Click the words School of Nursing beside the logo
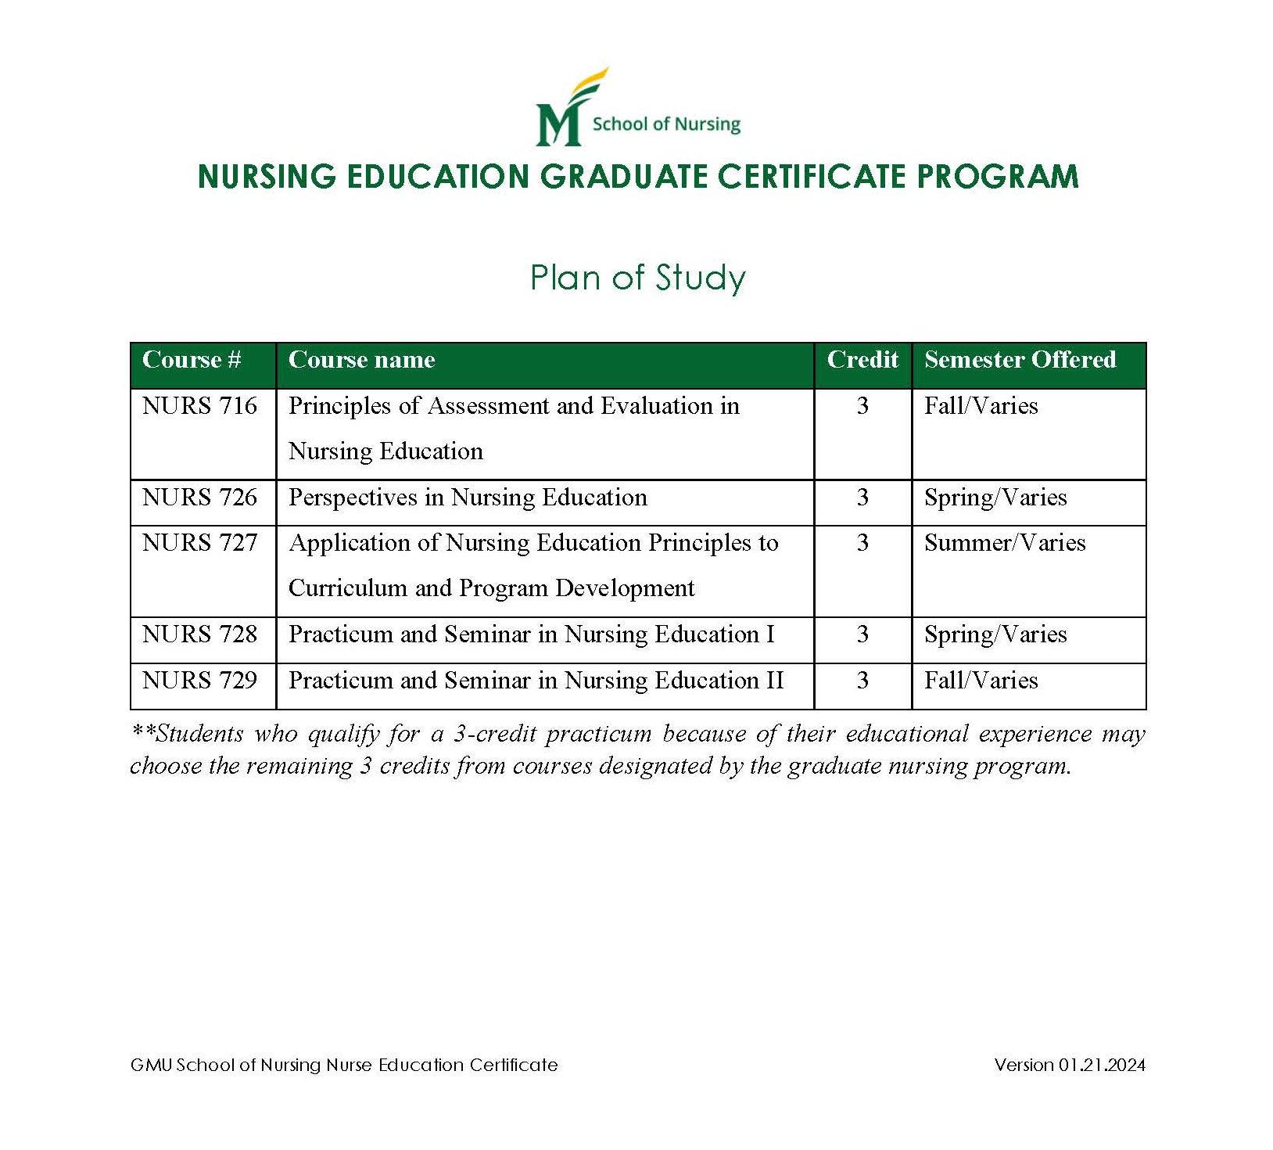coord(665,124)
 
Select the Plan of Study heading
coord(637,278)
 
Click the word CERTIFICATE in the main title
coord(813,177)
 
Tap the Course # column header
coord(192,360)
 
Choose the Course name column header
coord(361,360)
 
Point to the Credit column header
coord(862,360)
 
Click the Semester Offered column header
coord(1020,360)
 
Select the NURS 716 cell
coord(199,406)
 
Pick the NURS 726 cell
coord(199,498)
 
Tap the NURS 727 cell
coord(199,543)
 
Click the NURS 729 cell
coord(199,681)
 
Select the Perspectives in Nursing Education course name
coord(468,498)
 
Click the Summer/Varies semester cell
coord(1005,543)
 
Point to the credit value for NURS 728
coord(862,634)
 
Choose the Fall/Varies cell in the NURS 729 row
coord(981,681)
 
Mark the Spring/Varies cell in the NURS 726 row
coord(995,498)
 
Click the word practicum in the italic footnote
coord(598,735)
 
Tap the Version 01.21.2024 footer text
coord(1070,1065)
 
